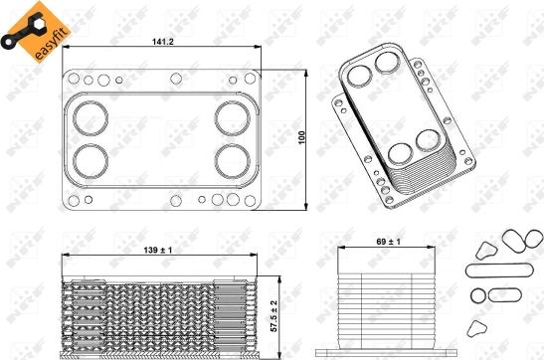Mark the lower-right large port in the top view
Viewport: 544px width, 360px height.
(x=234, y=159)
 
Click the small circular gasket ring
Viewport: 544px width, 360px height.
(x=477, y=295)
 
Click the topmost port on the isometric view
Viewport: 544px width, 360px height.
(x=387, y=65)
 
